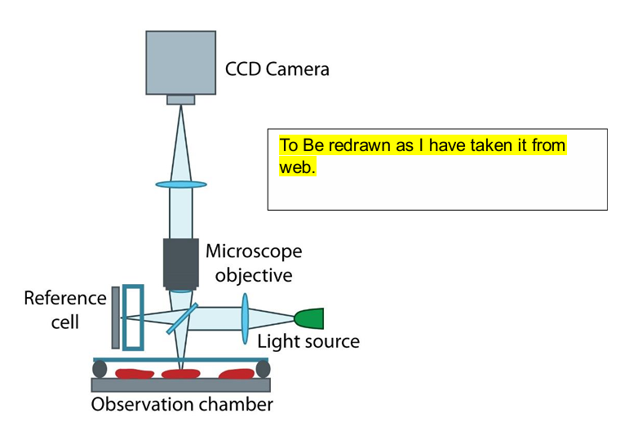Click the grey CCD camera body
[x=180, y=61]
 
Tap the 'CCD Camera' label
[x=277, y=69]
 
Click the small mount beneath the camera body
[x=181, y=100]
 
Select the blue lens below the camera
[x=180, y=184]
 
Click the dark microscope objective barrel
[x=180, y=262]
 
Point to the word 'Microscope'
[x=253, y=251]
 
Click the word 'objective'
[x=254, y=275]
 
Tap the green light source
[x=310, y=318]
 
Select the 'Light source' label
[x=308, y=341]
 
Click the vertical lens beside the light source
[x=245, y=320]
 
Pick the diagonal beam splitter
[x=184, y=318]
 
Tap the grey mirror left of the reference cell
[x=116, y=317]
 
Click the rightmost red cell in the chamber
[x=236, y=375]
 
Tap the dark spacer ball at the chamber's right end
[x=263, y=370]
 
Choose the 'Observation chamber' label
[x=182, y=404]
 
